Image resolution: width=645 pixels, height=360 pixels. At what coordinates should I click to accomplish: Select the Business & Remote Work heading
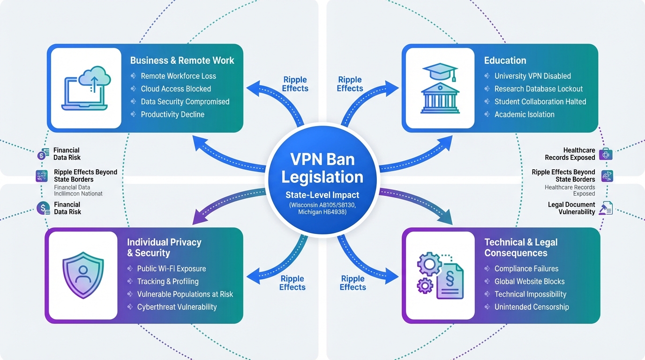[182, 60]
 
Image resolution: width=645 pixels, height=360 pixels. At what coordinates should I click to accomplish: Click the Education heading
[505, 60]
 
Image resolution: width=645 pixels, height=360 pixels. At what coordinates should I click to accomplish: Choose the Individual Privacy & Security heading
[164, 247]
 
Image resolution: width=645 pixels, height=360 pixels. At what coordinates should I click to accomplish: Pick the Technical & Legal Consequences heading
[521, 247]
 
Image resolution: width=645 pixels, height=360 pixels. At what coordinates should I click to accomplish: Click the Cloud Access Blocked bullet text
[176, 89]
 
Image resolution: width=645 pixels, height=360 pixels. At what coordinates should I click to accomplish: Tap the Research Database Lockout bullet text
[539, 89]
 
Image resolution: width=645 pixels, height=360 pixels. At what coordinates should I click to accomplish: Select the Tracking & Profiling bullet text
[168, 281]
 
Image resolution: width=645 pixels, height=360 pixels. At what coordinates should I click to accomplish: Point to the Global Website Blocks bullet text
[529, 281]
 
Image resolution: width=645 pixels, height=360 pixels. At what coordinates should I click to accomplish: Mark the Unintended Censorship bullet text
[532, 307]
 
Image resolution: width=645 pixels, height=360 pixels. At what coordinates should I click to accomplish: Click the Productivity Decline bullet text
[172, 114]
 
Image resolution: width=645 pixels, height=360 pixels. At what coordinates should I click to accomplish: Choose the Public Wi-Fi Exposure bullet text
[172, 269]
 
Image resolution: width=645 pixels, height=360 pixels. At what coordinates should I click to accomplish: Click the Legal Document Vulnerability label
[571, 208]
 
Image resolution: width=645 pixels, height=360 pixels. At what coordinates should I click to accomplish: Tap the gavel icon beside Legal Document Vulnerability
[606, 208]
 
